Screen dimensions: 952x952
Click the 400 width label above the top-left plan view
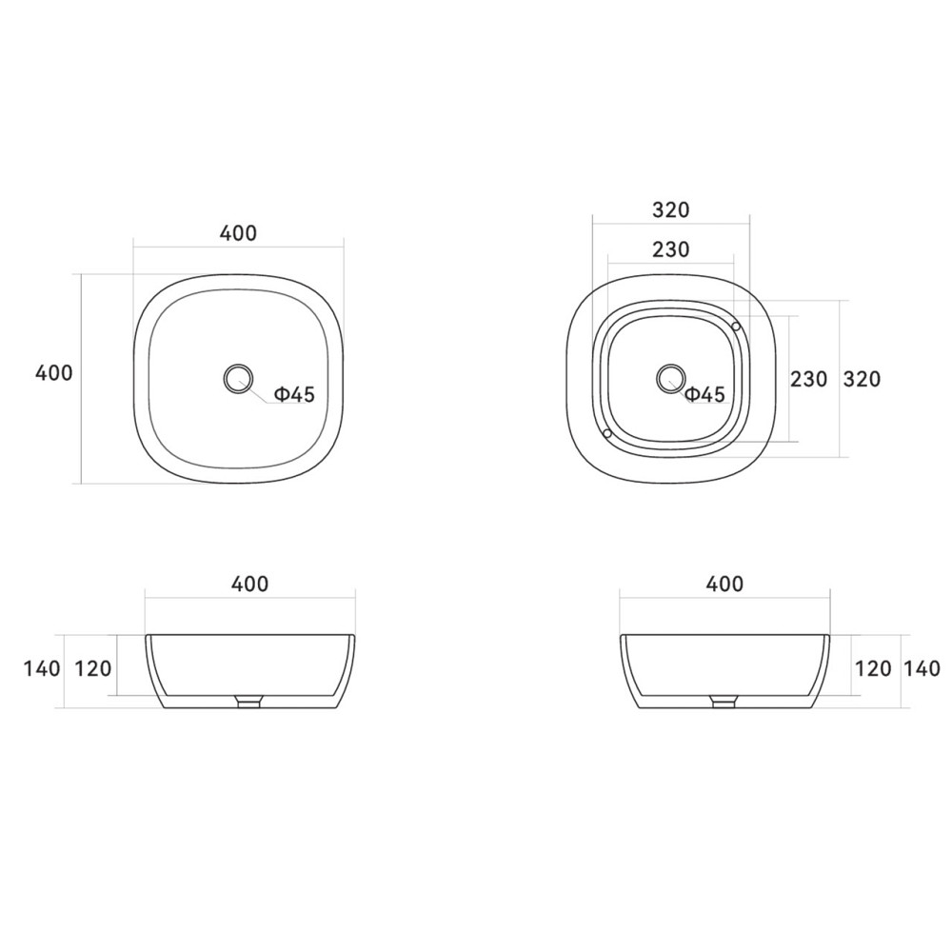(x=238, y=233)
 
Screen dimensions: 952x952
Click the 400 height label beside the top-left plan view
(x=53, y=373)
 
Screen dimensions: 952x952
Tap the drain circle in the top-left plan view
(x=237, y=379)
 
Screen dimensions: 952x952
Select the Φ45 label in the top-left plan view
(x=294, y=394)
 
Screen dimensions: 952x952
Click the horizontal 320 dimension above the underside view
(x=670, y=209)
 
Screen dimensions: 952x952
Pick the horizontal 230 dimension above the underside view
(x=670, y=249)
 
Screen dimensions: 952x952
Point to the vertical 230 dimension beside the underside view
(x=809, y=379)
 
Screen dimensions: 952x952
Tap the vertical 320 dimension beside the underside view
(x=862, y=379)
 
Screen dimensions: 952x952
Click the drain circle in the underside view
(x=670, y=378)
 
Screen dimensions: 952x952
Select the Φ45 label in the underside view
(x=705, y=394)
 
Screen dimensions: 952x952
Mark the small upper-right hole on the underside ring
(x=736, y=327)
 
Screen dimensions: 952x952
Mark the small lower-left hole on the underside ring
(x=606, y=433)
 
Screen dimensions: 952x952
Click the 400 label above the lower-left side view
(x=249, y=584)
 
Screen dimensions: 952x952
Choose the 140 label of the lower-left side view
(x=42, y=668)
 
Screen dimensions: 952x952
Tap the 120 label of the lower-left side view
(x=93, y=668)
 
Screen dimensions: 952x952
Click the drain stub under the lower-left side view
(x=248, y=703)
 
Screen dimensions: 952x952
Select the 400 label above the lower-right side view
(x=724, y=584)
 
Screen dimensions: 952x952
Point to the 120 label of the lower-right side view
(x=873, y=668)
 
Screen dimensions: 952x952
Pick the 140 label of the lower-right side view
(x=922, y=668)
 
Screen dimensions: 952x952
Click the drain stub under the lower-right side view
(x=724, y=703)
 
